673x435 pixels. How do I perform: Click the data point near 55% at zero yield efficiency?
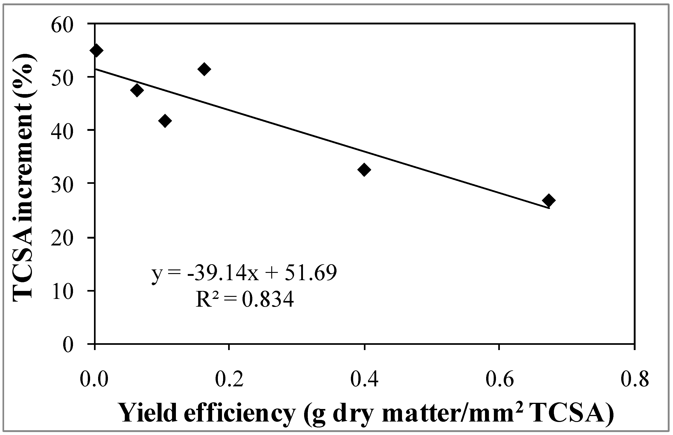point(96,50)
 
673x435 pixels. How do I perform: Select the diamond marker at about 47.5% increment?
point(137,90)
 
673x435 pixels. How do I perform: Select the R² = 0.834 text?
point(244,299)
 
